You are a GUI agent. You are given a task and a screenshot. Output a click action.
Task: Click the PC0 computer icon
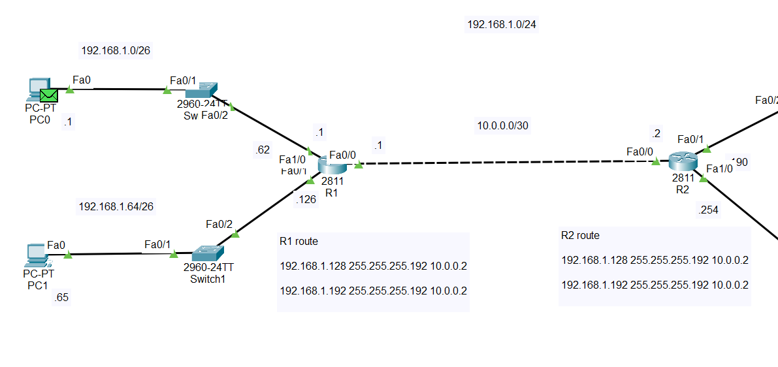pos(37,89)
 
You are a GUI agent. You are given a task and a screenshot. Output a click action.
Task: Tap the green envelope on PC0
pos(48,95)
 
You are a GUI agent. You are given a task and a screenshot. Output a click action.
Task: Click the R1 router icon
pos(332,165)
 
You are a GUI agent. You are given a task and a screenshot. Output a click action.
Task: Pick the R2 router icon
pos(682,161)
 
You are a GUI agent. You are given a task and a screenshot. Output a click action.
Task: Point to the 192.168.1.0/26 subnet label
pos(116,50)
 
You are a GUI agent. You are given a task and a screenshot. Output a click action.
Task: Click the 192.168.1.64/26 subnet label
pos(116,207)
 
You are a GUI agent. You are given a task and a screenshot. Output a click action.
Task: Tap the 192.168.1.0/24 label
pos(502,25)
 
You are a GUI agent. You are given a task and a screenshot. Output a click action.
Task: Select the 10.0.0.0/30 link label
pos(502,125)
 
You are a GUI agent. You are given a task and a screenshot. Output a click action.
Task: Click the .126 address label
pos(306,200)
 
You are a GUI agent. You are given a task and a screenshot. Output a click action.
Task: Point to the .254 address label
pos(709,210)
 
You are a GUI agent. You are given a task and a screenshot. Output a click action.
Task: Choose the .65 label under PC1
pos(61,298)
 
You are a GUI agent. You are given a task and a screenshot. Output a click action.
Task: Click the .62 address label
pos(262,150)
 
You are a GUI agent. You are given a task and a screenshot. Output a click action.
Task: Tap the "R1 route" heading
pos(299,242)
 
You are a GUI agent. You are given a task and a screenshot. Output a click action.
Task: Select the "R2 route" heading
pos(580,236)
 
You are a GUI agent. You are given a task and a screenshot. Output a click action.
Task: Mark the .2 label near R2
pos(656,135)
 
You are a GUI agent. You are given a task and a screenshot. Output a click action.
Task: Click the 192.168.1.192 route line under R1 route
pos(374,291)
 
